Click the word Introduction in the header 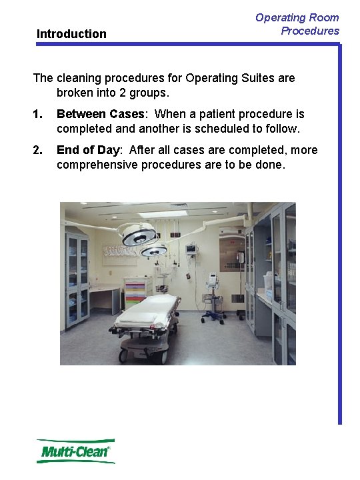click(x=71, y=34)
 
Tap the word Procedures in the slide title click(x=309, y=31)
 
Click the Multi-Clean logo click(x=75, y=451)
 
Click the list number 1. click(x=37, y=114)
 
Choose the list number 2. click(x=37, y=150)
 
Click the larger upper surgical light click(x=137, y=233)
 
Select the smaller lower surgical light click(x=154, y=251)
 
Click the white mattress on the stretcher click(x=150, y=309)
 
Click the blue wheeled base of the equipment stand click(x=213, y=315)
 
